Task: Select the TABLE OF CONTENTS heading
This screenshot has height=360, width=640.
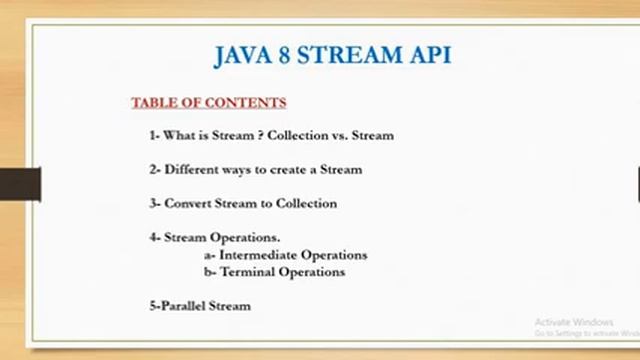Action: [209, 103]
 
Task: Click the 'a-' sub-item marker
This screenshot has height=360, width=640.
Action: [209, 255]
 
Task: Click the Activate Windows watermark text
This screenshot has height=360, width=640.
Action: [573, 322]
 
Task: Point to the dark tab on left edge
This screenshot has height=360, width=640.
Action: [20, 184]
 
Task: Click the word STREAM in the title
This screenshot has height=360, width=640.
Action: [352, 54]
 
